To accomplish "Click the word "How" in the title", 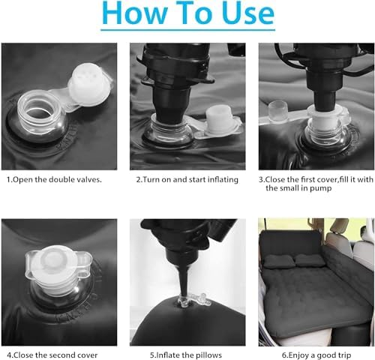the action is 134,13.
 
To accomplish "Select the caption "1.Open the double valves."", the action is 54,179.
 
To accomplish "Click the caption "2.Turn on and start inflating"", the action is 187,179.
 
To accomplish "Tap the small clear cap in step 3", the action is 278,112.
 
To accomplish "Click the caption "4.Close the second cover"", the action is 52,355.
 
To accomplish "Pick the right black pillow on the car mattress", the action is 310,261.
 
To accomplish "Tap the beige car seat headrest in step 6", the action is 340,226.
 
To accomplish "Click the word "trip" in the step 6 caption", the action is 343,355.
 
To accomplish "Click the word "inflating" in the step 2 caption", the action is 222,179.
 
